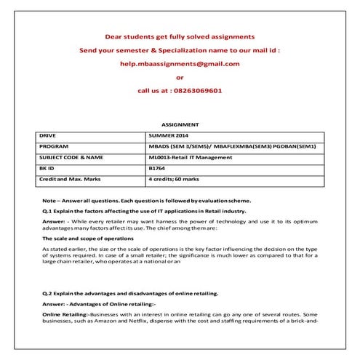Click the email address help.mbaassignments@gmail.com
pos(180,63)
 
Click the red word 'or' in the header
pos(180,77)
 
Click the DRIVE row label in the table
pos(47,136)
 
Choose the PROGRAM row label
pos(53,146)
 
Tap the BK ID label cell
pos(47,167)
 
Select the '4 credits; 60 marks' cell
pos(175,177)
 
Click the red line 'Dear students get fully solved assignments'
pos(180,36)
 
